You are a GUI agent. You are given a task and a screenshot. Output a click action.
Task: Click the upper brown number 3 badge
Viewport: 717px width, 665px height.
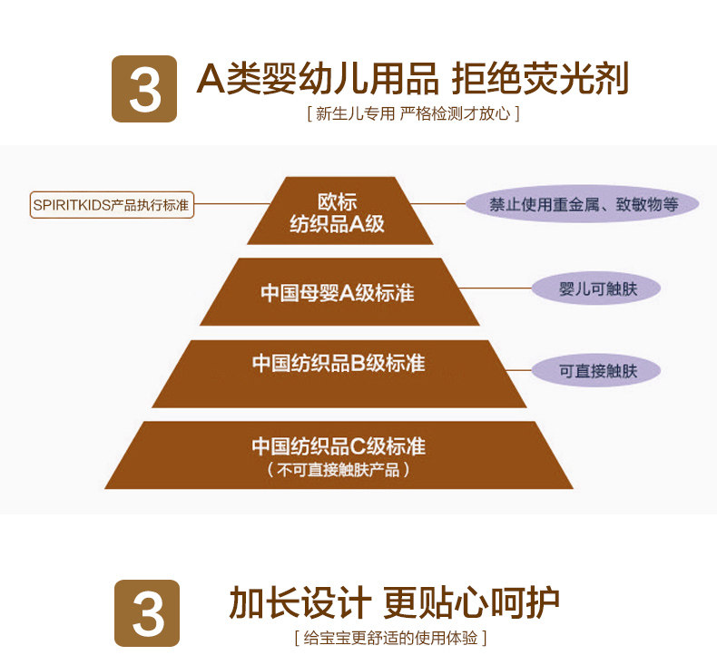[144, 89]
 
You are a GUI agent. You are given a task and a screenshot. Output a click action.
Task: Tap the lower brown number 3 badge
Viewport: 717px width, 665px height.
[147, 612]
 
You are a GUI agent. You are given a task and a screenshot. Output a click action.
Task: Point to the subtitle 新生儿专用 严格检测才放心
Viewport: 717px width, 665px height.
[413, 114]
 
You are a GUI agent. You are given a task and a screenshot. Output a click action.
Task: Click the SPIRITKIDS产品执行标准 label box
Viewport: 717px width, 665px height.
[111, 205]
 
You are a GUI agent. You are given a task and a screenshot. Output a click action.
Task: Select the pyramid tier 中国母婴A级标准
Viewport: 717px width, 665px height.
[338, 293]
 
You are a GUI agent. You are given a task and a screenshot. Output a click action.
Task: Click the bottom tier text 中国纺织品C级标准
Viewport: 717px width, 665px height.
[339, 446]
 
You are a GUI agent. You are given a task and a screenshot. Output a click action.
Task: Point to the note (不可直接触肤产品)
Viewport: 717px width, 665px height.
[339, 470]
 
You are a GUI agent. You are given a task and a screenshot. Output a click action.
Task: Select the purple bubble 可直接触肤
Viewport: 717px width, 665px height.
[596, 370]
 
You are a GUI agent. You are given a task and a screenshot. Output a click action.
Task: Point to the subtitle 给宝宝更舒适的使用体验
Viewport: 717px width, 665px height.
[390, 639]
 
